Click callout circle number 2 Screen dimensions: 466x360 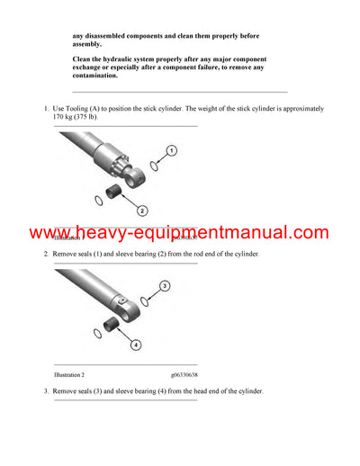142,211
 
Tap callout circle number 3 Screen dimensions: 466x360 165,286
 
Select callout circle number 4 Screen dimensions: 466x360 136,344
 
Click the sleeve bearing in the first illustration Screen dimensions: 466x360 114,191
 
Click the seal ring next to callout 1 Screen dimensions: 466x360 154,166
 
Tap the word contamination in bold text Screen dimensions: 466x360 94,76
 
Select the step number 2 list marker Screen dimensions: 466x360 46,255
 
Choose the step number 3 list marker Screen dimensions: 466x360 46,391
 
